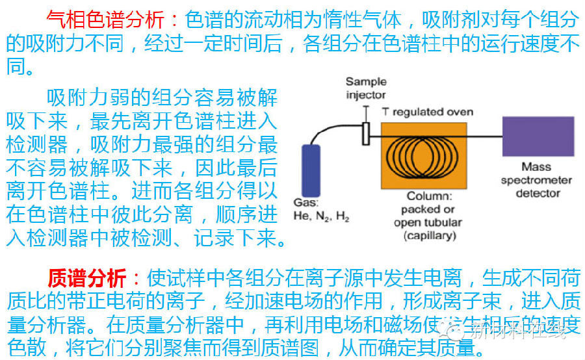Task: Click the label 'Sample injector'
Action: [365, 88]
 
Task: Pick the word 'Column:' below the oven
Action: [429, 196]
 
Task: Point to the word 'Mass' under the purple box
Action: [537, 167]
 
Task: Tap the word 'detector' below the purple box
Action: [538, 193]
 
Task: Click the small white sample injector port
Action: [366, 133]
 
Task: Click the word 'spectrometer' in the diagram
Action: [537, 180]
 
